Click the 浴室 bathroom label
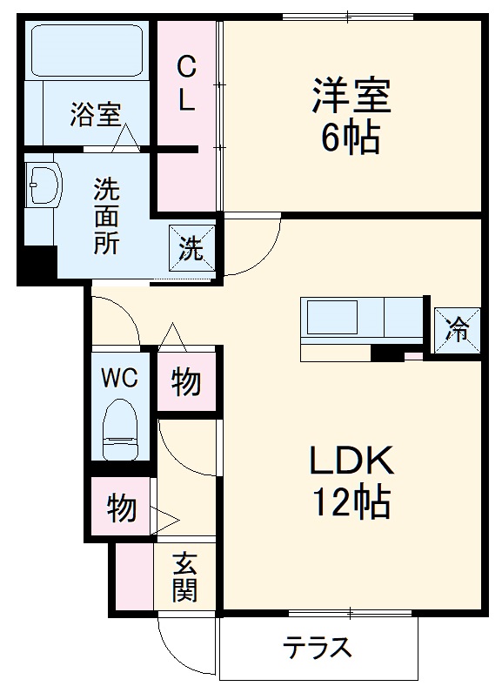point(95,116)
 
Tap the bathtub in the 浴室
point(88,51)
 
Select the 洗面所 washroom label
point(108,214)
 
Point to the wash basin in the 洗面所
point(44,185)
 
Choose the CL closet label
point(186,83)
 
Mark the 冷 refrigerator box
point(456,328)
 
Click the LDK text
point(352,461)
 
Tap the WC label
point(119,378)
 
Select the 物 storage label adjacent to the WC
point(185,380)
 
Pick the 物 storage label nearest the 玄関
point(121,507)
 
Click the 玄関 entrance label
point(184,576)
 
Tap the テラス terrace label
point(318,648)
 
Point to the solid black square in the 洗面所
point(37,264)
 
